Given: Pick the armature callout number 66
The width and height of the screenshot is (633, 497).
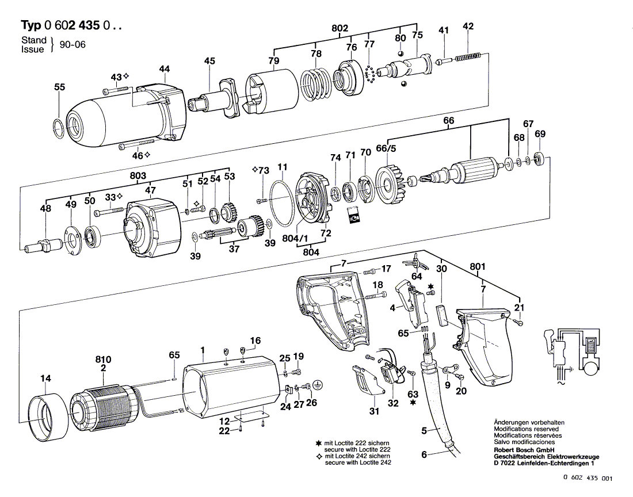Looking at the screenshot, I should tap(448, 121).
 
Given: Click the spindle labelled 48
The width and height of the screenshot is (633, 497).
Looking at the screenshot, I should tap(44, 245).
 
